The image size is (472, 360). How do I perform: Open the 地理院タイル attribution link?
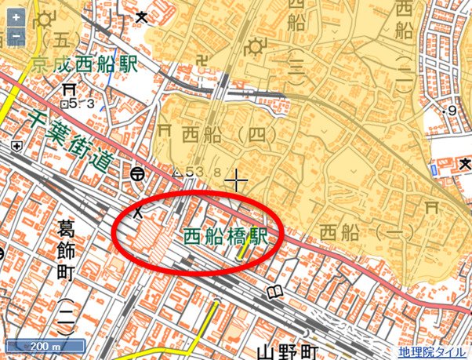431,352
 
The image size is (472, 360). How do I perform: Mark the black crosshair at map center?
236,182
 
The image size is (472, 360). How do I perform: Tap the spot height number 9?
452,112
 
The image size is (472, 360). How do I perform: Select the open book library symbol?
274,293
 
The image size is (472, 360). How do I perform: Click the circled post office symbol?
139,173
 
